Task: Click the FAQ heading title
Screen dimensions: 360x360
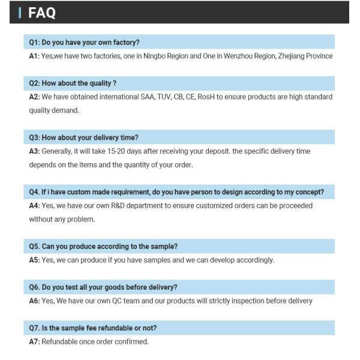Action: point(42,13)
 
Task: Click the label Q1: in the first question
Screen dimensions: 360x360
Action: point(35,42)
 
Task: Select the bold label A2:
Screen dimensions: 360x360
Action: point(34,97)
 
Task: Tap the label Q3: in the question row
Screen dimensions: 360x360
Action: point(35,137)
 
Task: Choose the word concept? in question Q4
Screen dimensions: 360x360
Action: point(308,192)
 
